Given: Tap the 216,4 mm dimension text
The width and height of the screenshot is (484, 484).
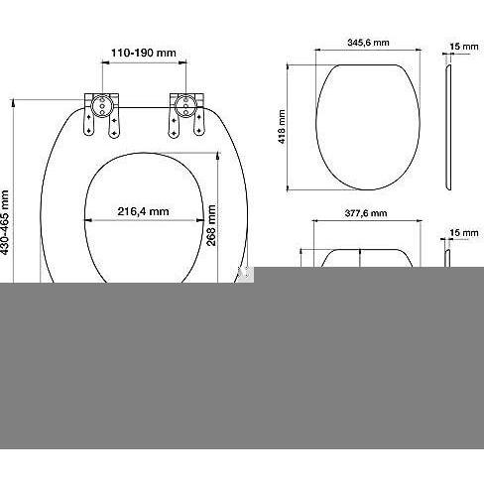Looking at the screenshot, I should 143,211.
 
